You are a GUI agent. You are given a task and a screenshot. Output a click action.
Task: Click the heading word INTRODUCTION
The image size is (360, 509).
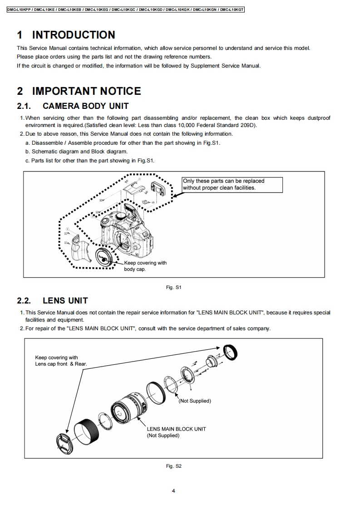73,35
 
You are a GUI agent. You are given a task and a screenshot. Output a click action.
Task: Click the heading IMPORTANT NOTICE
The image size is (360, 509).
86,91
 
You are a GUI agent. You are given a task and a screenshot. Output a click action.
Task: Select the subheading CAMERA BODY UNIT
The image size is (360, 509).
85,106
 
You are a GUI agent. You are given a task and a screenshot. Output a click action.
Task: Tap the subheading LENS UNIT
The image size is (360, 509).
65,300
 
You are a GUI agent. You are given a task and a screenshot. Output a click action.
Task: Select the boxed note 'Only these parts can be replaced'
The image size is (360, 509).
232,184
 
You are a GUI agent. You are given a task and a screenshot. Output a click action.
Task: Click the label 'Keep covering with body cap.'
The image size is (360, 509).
145,266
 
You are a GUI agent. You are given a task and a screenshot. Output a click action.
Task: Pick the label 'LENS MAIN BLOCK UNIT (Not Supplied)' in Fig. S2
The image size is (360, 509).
176,432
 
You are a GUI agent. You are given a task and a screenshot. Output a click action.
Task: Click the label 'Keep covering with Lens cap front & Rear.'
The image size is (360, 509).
60,361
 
